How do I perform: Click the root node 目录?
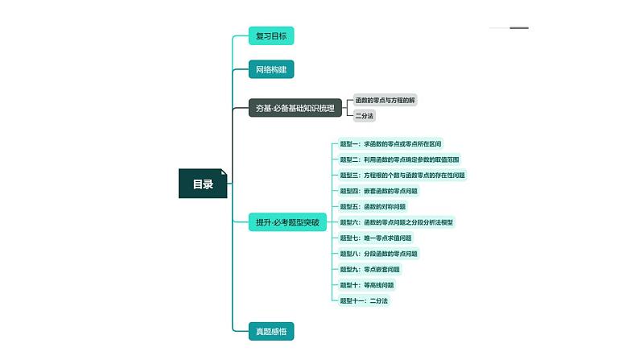click(x=203, y=184)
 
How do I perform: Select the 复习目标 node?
click(x=270, y=35)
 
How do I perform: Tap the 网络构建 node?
click(x=270, y=70)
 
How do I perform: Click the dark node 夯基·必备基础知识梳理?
click(x=295, y=108)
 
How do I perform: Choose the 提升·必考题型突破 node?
click(x=287, y=222)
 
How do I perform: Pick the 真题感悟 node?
click(x=270, y=330)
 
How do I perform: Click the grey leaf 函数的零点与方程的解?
click(x=385, y=101)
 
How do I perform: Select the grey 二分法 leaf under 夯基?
click(x=365, y=116)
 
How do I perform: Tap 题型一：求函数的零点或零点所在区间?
click(x=390, y=144)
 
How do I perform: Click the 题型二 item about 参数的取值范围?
click(x=399, y=159)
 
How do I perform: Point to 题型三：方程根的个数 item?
click(x=402, y=175)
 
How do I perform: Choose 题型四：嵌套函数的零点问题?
click(x=378, y=191)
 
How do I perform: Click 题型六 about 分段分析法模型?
click(x=396, y=222)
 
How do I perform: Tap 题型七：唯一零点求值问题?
click(x=376, y=238)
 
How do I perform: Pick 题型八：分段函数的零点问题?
click(x=378, y=254)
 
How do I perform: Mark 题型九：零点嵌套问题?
click(x=369, y=269)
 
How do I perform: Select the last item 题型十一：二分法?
click(x=364, y=300)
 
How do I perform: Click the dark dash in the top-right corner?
click(x=519, y=28)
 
